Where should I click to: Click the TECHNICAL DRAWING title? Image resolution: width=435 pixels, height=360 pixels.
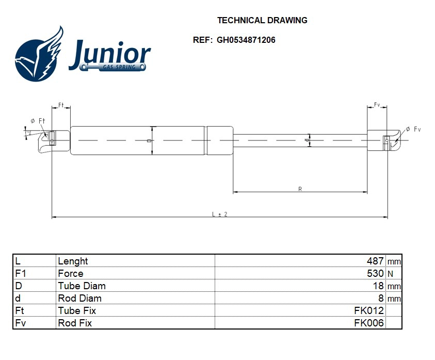262,21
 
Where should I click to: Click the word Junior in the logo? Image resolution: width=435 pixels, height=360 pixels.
109,53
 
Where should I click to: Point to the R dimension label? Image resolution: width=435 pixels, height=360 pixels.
300,189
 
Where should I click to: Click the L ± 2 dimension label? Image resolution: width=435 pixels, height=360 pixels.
220,214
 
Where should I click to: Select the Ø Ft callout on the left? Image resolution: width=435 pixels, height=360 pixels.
38,121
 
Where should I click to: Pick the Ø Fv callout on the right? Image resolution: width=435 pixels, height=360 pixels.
413,129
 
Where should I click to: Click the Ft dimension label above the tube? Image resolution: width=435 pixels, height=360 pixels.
60,105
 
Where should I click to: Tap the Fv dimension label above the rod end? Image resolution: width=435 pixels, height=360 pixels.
377,105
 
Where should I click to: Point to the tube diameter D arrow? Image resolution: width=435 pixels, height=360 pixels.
152,140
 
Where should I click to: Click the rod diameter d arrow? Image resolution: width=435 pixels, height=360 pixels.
309,140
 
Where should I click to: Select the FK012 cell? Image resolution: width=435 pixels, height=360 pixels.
368,310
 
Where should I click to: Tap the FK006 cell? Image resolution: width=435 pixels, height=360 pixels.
368,323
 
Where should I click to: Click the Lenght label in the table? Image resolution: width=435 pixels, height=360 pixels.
73,261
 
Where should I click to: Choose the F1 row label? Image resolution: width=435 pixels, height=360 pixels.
20,273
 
